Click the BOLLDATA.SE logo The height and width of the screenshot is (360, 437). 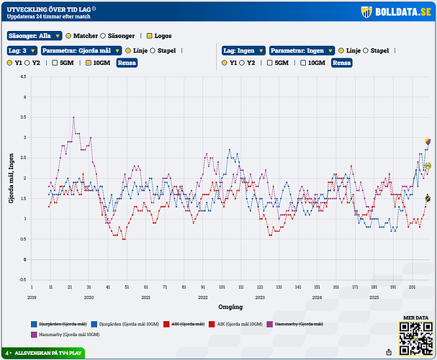pos(395,12)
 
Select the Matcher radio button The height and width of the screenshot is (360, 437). pos(68,35)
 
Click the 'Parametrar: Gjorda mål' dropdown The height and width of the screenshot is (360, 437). pos(81,51)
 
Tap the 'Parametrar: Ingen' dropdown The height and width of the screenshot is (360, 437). pos(302,51)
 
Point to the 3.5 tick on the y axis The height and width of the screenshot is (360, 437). pos(25,117)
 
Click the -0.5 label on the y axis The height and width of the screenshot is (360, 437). pos(23,279)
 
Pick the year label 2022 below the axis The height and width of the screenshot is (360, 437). pos(202,297)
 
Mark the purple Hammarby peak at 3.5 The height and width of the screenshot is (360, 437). pos(73,117)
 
